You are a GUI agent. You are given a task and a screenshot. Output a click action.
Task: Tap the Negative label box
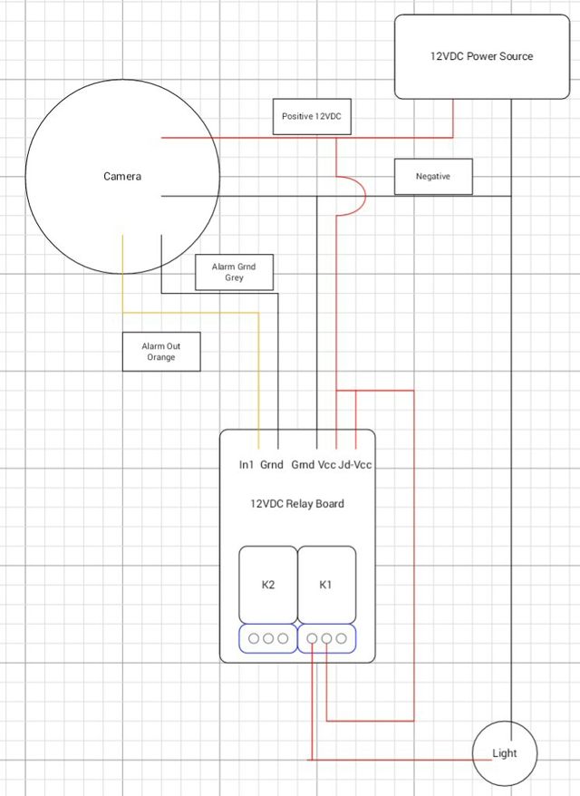pos(433,176)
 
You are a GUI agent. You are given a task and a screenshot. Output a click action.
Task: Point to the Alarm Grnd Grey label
pos(235,272)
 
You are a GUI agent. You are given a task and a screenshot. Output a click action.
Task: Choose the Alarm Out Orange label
pos(161,352)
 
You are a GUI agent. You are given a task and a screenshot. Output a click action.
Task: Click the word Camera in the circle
pos(122,177)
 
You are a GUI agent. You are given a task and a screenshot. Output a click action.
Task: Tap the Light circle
pos(505,753)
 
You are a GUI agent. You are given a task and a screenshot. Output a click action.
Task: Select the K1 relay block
pos(326,585)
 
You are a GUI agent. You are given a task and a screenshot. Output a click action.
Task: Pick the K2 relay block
pos(268,585)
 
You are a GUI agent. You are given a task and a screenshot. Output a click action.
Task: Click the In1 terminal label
pos(246,465)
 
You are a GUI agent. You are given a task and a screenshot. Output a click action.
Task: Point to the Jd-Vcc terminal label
pos(355,465)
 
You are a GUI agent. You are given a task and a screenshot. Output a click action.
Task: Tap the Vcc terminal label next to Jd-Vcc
pos(327,465)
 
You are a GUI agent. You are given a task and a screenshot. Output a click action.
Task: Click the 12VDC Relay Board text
pos(297,504)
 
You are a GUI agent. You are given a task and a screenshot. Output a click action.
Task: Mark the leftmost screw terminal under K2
pos(254,638)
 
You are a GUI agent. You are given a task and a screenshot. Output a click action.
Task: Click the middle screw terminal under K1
pos(326,638)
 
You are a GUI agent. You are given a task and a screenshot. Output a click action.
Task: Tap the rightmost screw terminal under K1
pos(341,638)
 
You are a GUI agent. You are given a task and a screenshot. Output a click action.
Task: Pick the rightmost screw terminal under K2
pos(283,638)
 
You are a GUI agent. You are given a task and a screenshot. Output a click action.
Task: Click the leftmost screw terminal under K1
pos(312,638)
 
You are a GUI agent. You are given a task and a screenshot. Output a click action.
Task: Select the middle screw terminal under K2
pos(268,638)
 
